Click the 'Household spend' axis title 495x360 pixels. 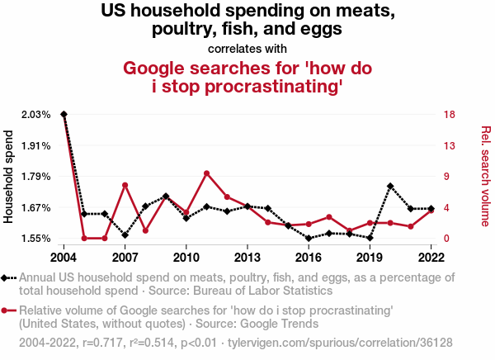click(10, 176)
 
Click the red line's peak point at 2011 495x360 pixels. click(206, 173)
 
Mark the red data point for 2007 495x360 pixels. click(125, 185)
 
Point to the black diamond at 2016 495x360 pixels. click(309, 239)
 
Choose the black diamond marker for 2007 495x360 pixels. click(125, 235)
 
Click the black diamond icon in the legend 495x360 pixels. click(8, 278)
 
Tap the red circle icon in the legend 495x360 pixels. click(8, 310)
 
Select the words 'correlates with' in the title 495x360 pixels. click(247, 48)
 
